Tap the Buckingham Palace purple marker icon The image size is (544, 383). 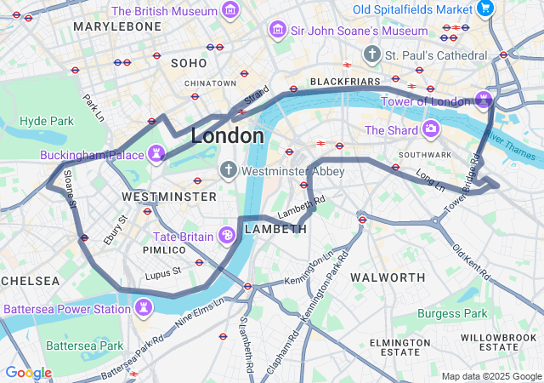156,154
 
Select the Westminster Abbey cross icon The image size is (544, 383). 228,170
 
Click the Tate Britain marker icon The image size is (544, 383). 228,235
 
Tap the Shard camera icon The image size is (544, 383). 431,129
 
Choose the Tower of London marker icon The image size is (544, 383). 484,100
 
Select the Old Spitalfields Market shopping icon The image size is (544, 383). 485,9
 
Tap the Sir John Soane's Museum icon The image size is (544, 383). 277,31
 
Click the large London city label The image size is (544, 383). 227,136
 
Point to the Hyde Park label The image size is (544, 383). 47,122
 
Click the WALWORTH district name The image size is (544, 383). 388,277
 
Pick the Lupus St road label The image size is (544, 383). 163,272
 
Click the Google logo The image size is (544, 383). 28,373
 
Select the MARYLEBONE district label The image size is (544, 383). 117,26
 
